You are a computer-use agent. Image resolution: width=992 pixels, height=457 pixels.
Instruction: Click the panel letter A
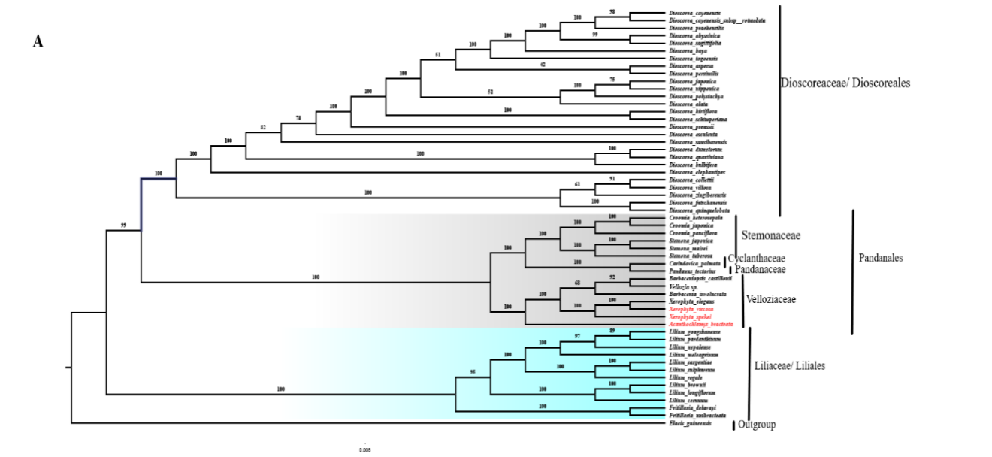pos(38,42)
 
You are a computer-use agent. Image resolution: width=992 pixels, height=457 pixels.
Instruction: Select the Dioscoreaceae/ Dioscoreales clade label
pos(845,83)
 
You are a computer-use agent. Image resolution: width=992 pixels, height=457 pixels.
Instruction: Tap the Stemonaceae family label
pos(771,235)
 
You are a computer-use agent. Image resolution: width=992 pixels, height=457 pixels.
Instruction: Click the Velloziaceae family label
pos(770,299)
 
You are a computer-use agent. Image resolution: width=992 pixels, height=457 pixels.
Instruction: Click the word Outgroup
pos(757,425)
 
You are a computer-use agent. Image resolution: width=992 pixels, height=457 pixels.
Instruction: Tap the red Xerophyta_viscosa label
pos(691,309)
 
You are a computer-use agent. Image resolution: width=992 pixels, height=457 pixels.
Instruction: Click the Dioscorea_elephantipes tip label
pos(695,172)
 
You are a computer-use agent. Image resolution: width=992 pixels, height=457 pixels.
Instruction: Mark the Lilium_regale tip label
pos(684,377)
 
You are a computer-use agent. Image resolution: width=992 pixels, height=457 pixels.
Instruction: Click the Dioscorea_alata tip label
pos(684,104)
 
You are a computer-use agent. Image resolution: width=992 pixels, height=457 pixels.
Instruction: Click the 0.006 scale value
pos(364,449)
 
